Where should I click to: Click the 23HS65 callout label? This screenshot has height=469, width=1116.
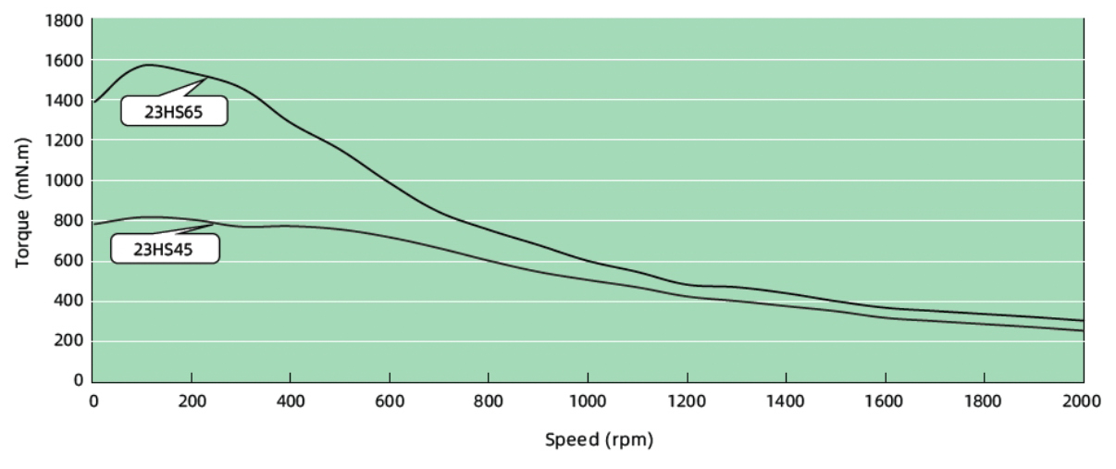pyautogui.click(x=174, y=112)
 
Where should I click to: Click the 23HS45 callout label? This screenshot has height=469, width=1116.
pyautogui.click(x=165, y=248)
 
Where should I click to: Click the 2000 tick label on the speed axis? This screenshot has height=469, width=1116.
pyautogui.click(x=1083, y=401)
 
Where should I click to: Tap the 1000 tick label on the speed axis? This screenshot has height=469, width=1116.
pyautogui.click(x=588, y=401)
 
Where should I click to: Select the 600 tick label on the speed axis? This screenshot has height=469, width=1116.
pyautogui.click(x=390, y=401)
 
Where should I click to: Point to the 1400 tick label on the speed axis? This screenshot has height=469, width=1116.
pyautogui.click(x=786, y=401)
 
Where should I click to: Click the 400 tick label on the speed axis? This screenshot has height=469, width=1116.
pyautogui.click(x=291, y=401)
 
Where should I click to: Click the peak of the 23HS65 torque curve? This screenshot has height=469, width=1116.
pyautogui.click(x=148, y=65)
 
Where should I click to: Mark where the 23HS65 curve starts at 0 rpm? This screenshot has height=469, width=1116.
pyautogui.click(x=93, y=102)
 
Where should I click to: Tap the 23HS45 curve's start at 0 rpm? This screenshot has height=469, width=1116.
pyautogui.click(x=93, y=224)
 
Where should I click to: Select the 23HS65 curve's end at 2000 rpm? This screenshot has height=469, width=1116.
pyautogui.click(x=1083, y=320)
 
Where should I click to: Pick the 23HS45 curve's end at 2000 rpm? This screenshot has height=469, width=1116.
pyautogui.click(x=1083, y=330)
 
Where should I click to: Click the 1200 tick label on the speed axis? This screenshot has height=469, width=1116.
pyautogui.click(x=687, y=401)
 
